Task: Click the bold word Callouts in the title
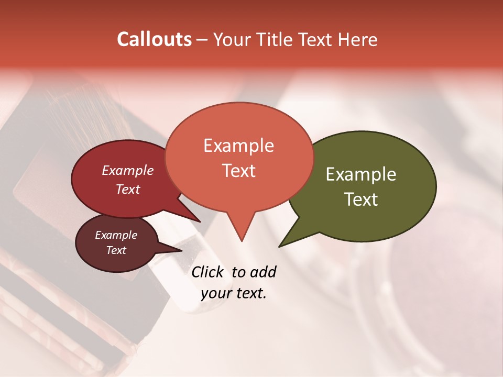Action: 154,39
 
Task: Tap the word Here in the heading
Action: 358,40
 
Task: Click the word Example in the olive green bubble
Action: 361,174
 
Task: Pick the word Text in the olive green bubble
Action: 361,199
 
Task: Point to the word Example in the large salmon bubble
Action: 238,146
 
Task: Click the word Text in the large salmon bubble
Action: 238,171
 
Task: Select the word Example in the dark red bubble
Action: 127,170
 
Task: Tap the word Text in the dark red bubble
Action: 127,189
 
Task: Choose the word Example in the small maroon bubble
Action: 116,235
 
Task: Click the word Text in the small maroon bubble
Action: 116,250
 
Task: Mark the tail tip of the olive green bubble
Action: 280,246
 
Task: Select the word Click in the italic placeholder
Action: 207,272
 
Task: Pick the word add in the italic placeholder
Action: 263,272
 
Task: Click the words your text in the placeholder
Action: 234,293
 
